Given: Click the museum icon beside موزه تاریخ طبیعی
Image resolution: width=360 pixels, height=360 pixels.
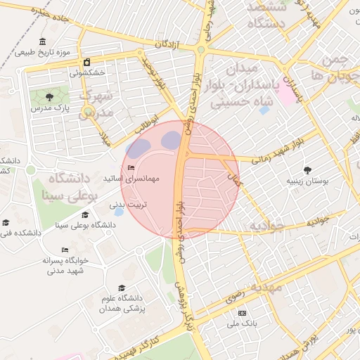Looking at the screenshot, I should coord(44,41).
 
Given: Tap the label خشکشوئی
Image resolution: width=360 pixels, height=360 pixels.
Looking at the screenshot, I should coord(87,72).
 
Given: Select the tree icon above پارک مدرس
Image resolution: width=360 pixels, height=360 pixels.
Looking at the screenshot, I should coord(49,97).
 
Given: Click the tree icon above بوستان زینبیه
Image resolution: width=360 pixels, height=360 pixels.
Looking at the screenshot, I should coord(307,169).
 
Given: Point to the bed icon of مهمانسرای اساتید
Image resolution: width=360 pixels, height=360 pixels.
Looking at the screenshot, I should coord(131,167).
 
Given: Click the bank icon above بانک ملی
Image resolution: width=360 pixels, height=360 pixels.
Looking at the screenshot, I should coord(243,313).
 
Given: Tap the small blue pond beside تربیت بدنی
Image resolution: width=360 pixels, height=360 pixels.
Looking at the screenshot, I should coord(119,212).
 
